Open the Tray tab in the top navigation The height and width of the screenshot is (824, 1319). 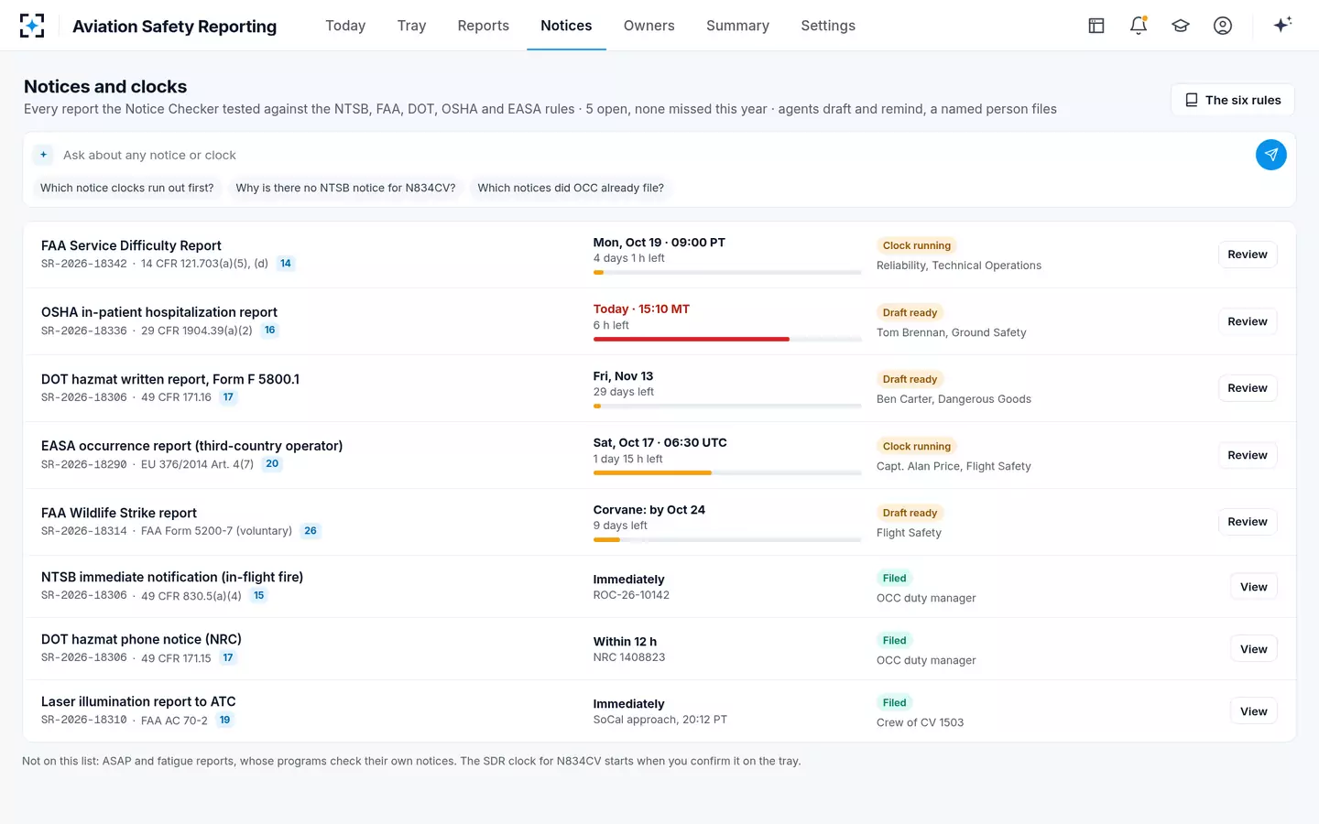point(411,26)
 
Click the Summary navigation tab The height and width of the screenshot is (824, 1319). point(737,26)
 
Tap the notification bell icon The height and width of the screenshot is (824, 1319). point(1139,26)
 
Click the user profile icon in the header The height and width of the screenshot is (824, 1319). point(1223,26)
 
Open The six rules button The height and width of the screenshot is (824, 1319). point(1233,100)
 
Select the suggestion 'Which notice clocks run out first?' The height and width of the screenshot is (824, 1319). point(126,188)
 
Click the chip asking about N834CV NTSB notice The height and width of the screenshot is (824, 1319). point(345,188)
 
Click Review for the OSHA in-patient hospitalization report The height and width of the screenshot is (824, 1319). point(1248,321)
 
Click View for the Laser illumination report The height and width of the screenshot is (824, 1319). point(1254,711)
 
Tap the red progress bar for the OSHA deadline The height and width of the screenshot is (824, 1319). point(691,339)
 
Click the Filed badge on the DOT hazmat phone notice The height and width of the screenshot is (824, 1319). point(894,640)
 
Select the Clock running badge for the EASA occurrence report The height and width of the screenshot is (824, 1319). point(916,446)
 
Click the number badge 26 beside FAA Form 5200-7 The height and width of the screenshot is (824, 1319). point(311,530)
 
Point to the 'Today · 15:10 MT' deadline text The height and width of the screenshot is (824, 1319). point(641,309)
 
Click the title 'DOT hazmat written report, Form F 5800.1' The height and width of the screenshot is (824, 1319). point(170,379)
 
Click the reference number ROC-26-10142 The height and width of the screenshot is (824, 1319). point(630,595)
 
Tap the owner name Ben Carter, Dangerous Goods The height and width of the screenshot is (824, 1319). point(954,399)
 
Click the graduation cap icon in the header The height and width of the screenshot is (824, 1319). point(1180,26)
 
